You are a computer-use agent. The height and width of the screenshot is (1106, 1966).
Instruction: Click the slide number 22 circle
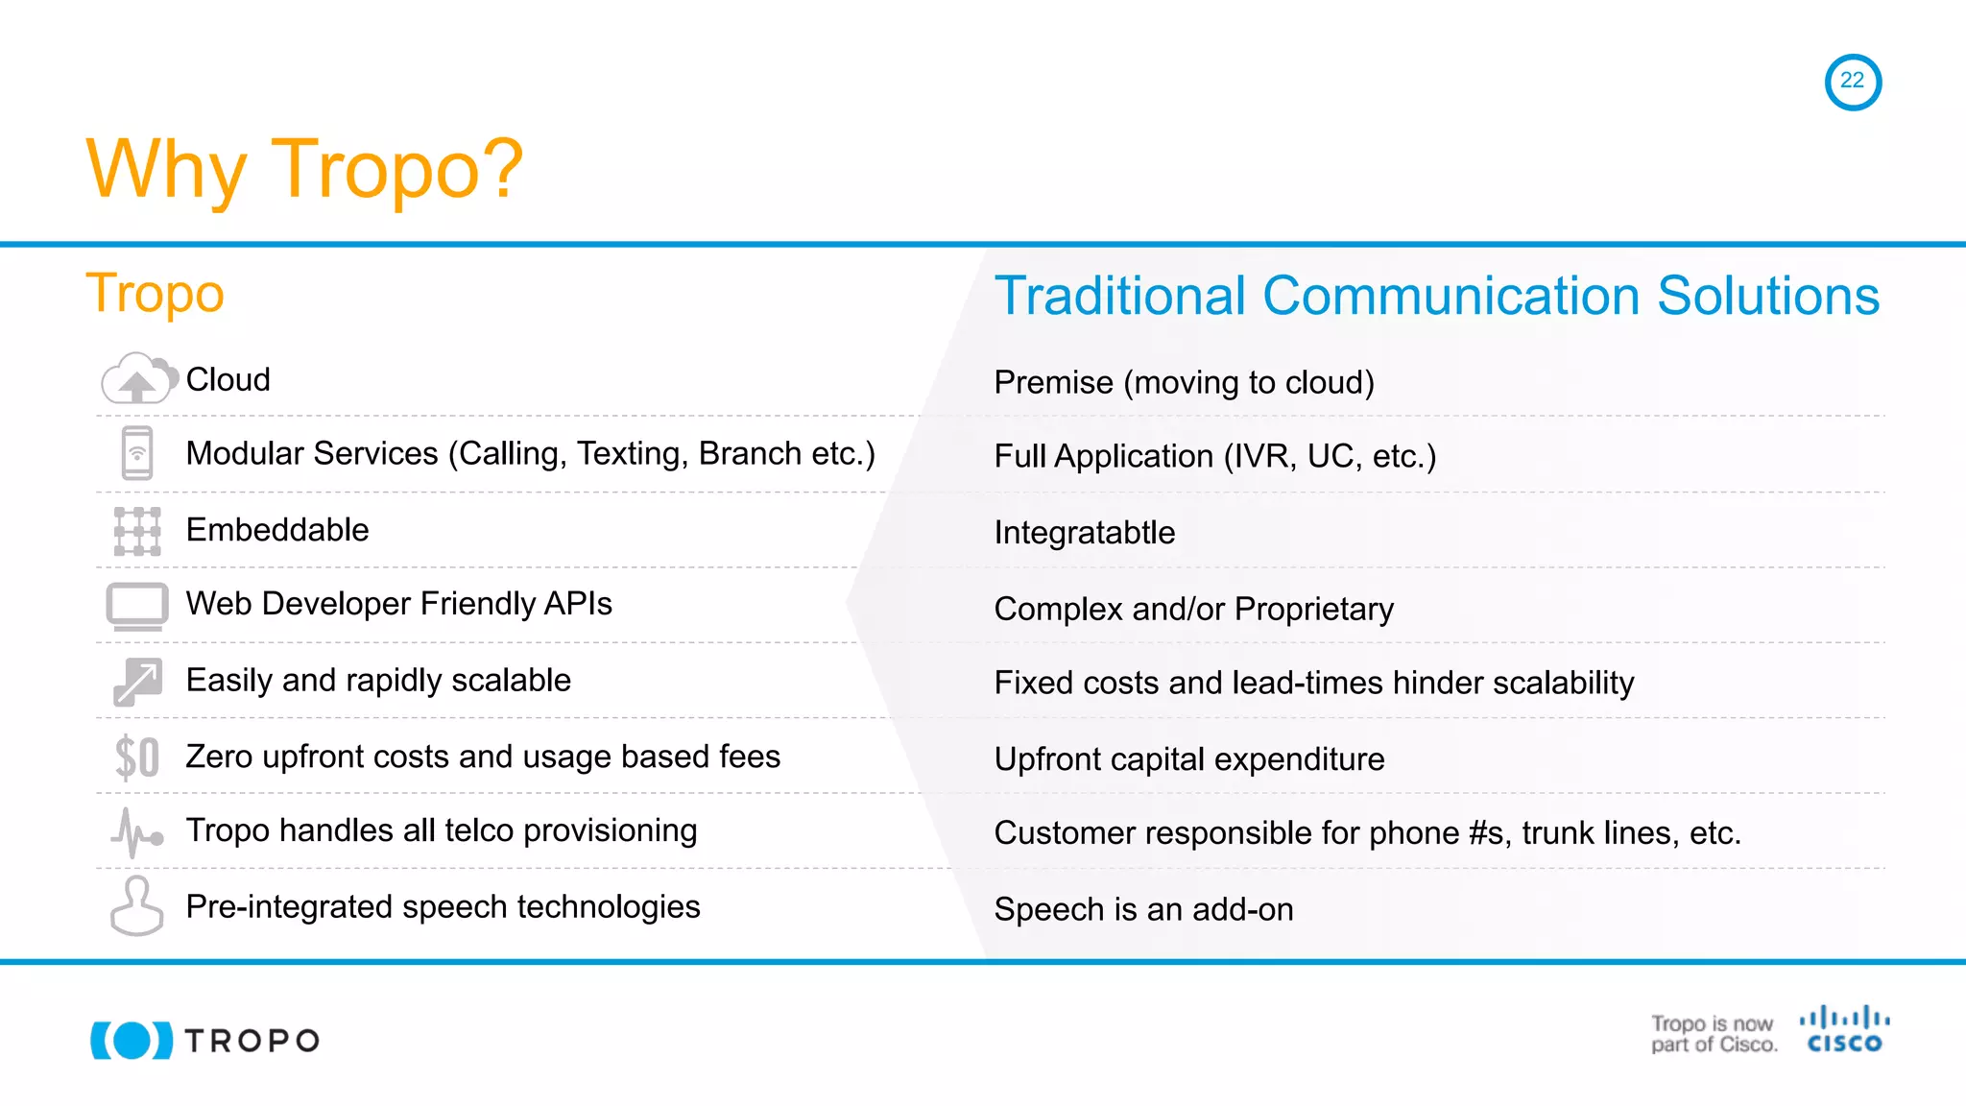[1852, 82]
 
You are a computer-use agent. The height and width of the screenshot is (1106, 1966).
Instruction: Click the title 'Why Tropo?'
[304, 170]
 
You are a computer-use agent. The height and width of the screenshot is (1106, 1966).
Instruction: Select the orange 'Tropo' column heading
[155, 293]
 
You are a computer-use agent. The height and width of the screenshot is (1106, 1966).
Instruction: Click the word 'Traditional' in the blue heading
[1119, 296]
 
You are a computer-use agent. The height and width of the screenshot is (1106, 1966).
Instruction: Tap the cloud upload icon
[138, 379]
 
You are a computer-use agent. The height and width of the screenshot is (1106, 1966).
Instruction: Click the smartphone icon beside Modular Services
[137, 453]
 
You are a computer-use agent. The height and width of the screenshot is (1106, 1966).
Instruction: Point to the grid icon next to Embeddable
[137, 531]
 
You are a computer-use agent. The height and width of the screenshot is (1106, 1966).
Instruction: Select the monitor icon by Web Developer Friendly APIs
[137, 606]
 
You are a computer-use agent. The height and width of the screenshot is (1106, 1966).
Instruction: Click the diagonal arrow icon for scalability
[137, 682]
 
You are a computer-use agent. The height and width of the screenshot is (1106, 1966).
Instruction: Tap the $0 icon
[137, 757]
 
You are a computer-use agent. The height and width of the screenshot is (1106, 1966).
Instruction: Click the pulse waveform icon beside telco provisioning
[137, 832]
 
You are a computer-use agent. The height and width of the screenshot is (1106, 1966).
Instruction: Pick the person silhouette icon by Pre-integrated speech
[137, 906]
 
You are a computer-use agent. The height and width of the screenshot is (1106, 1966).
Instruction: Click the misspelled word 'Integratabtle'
[1084, 533]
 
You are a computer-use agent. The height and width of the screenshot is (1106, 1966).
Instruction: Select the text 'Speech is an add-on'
[1143, 909]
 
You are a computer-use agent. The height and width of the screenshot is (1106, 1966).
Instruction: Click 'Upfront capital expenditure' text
[1188, 759]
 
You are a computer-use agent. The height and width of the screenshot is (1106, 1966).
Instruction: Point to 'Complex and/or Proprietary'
[1193, 609]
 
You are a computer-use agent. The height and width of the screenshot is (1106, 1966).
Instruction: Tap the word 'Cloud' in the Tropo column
[228, 380]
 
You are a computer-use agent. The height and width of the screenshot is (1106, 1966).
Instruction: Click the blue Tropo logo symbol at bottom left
[132, 1041]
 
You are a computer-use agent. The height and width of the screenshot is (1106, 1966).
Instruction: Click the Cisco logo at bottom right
[1844, 1030]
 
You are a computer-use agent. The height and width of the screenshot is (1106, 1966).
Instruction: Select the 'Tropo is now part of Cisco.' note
[1714, 1034]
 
